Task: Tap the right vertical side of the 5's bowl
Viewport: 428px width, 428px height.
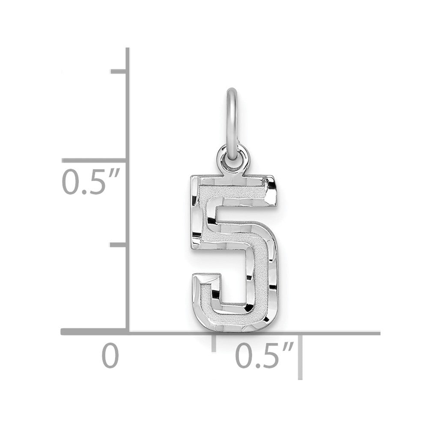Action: point(262,274)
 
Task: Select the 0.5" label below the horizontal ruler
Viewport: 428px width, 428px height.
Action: point(263,357)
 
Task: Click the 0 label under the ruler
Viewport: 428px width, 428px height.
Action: point(110,357)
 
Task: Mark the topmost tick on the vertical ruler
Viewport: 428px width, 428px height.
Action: point(119,71)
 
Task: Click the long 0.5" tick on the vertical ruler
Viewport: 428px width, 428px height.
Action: point(94,160)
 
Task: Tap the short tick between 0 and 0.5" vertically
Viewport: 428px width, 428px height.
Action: point(119,244)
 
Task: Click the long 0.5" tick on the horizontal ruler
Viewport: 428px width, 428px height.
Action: point(300,355)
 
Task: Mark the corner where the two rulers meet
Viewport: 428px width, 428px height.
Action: point(128,332)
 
